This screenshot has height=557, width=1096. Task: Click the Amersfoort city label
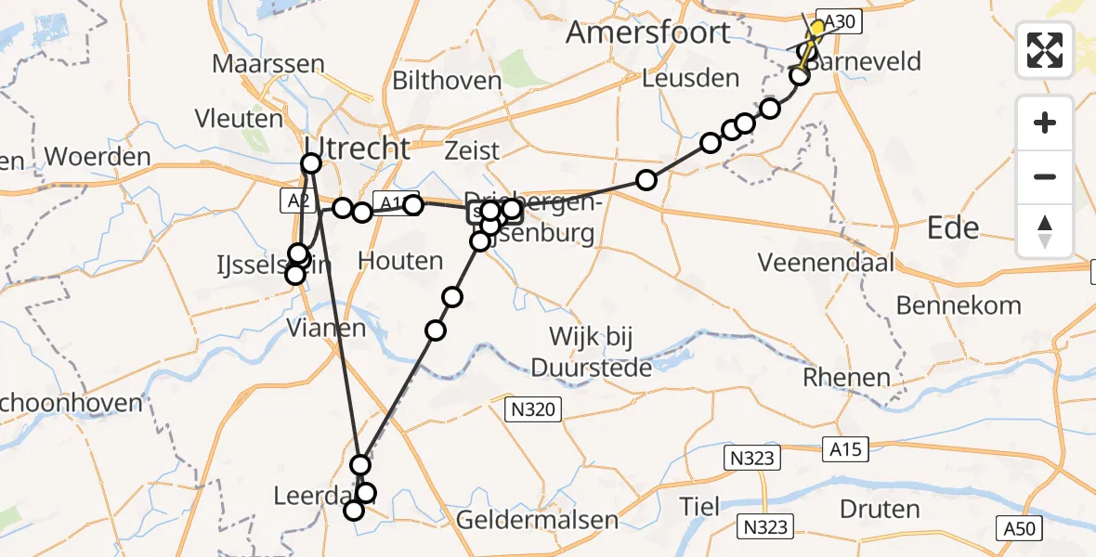(x=647, y=32)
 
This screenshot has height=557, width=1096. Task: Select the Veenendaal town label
(x=826, y=262)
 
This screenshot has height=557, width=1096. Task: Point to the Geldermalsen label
(x=538, y=519)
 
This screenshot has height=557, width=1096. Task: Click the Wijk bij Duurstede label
(x=592, y=351)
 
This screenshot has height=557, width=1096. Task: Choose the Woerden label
(x=97, y=156)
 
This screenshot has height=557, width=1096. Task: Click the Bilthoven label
(x=447, y=81)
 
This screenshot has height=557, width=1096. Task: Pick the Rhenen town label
(x=846, y=378)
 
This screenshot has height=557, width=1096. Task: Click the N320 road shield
(x=532, y=408)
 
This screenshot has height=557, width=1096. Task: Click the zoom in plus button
(x=1045, y=123)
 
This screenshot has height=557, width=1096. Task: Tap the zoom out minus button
(x=1045, y=176)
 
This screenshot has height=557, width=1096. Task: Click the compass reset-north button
(x=1045, y=230)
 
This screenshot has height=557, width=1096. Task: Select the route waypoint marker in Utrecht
(x=311, y=164)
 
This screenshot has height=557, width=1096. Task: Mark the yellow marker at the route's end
(x=817, y=29)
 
